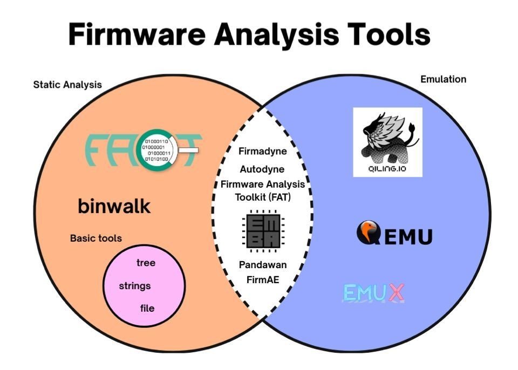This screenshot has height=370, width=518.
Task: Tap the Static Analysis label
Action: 67,85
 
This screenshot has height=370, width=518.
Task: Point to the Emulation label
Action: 443,79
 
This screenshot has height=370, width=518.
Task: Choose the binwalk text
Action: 114,206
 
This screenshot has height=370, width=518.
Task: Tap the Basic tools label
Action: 96,238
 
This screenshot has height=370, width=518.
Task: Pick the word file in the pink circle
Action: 147,309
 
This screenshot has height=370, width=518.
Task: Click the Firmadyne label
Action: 263,152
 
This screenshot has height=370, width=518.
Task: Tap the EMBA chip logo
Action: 263,232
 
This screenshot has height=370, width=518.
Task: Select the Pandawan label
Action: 263,265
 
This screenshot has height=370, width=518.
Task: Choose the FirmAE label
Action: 263,279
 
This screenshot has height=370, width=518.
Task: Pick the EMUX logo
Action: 373,293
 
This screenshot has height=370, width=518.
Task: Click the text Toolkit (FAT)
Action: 263,197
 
